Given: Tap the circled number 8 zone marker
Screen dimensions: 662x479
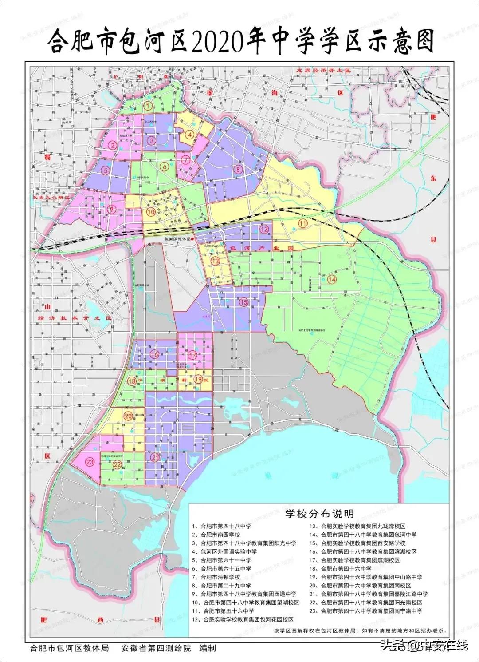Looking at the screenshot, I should (x=238, y=169).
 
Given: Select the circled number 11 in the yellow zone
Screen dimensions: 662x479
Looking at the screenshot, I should (x=303, y=223).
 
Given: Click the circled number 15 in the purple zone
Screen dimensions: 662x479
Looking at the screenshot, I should (x=244, y=302).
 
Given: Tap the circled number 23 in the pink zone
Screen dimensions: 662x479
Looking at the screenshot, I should (x=90, y=462).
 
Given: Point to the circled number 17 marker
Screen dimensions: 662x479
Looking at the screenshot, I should (x=192, y=355).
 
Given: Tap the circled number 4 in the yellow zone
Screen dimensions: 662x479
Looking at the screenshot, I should (x=189, y=135).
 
